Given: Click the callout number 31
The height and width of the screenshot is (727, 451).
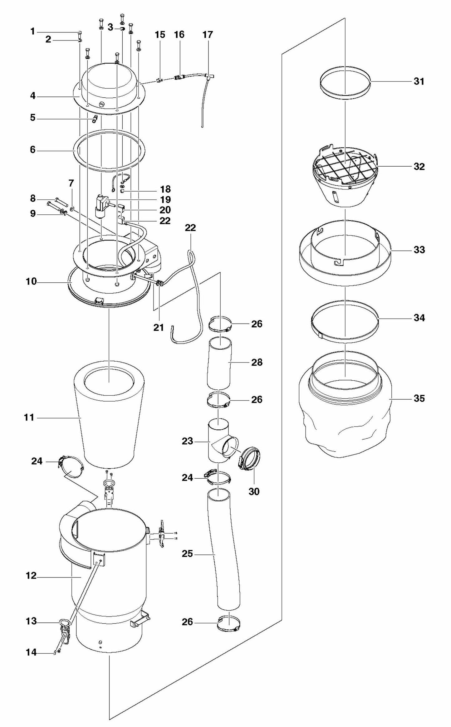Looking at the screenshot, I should point(419,81).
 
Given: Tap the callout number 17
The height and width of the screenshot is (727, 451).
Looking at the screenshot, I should point(208,35).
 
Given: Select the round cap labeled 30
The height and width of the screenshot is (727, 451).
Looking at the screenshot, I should point(251,460).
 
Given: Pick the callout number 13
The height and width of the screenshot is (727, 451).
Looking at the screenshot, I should point(31,621).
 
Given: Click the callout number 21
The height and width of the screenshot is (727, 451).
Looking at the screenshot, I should point(159,327).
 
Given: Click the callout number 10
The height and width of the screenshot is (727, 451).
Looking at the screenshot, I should point(31,282).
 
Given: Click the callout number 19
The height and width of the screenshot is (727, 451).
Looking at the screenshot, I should point(165,199).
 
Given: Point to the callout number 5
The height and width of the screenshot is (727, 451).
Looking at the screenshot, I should point(33,118).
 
